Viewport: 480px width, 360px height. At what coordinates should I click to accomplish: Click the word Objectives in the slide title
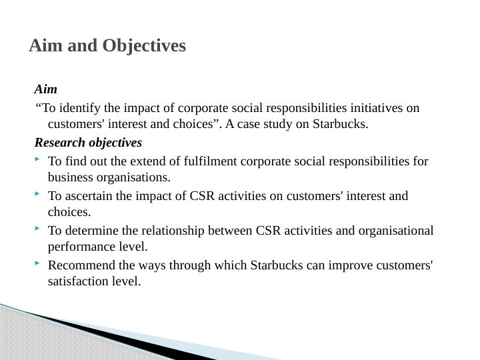[144, 46]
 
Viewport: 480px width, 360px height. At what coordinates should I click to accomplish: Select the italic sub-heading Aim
[46, 89]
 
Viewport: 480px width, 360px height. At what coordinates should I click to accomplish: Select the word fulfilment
[210, 161]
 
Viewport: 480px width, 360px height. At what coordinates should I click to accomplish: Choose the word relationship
[173, 231]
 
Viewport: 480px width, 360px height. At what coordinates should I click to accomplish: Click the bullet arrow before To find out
[37, 159]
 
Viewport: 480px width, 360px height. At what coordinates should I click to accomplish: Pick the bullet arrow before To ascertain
[37, 193]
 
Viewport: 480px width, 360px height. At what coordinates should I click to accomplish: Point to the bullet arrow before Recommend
[37, 263]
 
